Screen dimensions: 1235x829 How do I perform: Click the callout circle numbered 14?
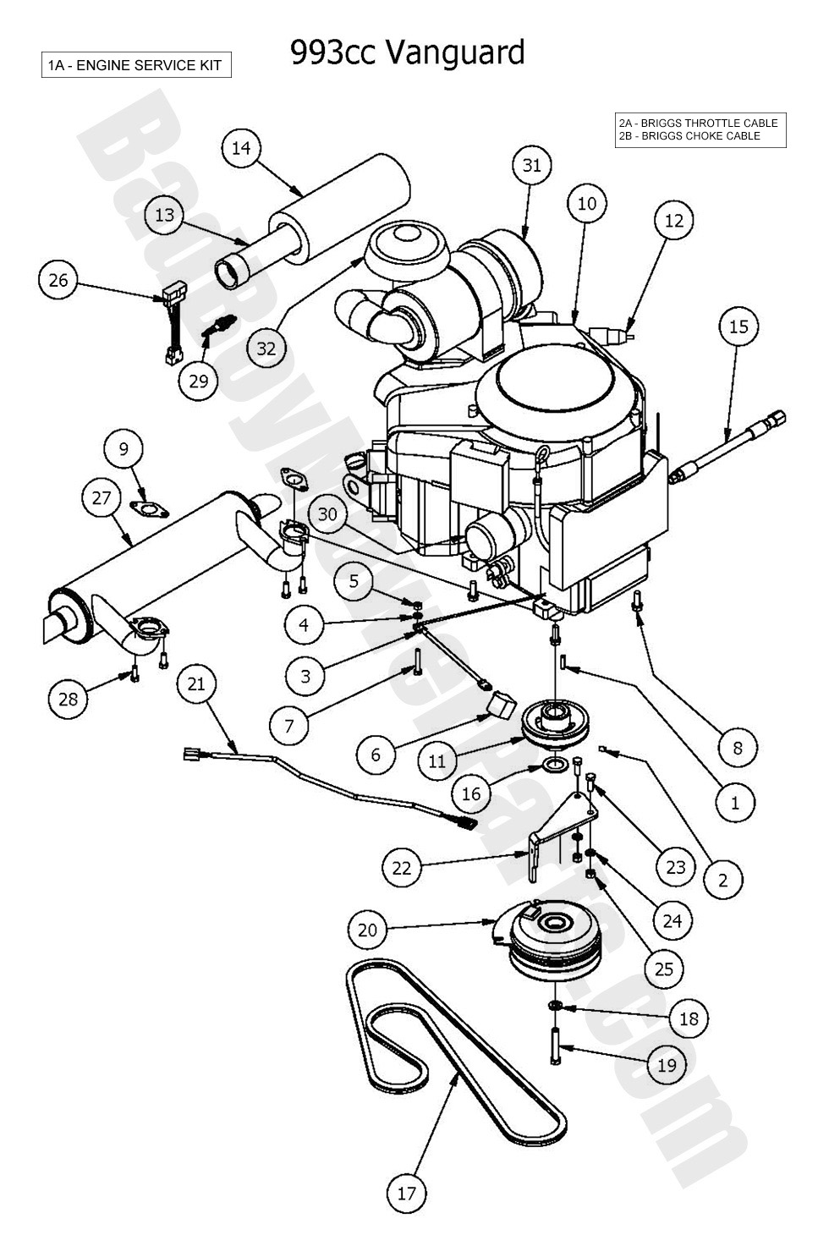coord(241,149)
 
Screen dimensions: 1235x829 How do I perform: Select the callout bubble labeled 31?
coord(531,166)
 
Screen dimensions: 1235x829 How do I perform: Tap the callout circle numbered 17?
coord(407,1194)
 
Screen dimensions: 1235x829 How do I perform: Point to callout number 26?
coord(58,280)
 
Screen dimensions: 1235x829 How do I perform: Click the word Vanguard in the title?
coord(455,52)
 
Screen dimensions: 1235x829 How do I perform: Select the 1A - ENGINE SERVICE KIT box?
coord(136,66)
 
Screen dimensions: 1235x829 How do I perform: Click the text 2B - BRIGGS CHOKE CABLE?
coord(689,136)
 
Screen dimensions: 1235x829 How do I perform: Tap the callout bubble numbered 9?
coord(124,449)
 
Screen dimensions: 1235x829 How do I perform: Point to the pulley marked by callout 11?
coord(554,723)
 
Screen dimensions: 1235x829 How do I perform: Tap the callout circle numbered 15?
coord(738,327)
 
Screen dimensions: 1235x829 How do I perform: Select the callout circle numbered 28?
coord(69,699)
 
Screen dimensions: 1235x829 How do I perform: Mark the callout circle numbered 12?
coord(673,221)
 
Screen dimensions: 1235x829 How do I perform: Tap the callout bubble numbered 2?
coord(722,881)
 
